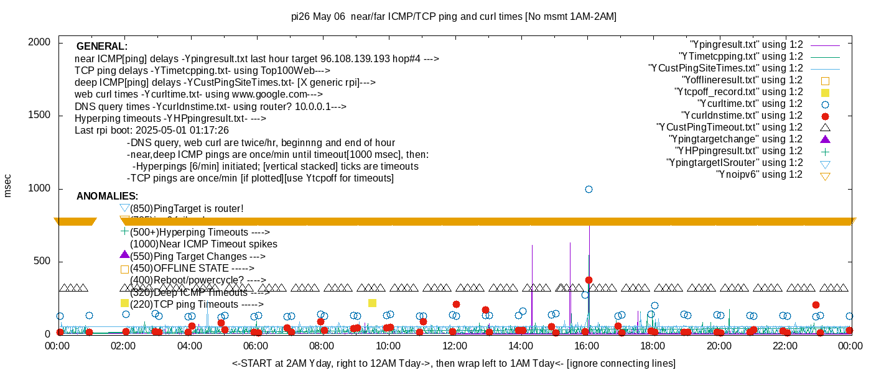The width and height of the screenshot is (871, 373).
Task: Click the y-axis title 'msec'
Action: [8, 185]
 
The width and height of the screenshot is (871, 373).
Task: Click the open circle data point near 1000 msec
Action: [589, 189]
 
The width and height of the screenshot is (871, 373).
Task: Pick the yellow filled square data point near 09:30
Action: [372, 303]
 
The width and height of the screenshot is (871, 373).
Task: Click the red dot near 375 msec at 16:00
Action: [589, 280]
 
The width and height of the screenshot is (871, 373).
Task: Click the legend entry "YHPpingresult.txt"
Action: [738, 151]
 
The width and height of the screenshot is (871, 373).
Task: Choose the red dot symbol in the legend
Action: [825, 116]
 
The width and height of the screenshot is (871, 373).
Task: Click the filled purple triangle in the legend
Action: [825, 139]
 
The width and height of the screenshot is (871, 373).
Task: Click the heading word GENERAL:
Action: [102, 47]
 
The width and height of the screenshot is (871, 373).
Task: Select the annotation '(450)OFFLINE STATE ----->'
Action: [192, 269]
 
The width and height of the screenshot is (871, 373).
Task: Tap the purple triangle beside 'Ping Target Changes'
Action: [124, 255]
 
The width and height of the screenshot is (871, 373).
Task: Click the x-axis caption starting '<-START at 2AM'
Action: [454, 363]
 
